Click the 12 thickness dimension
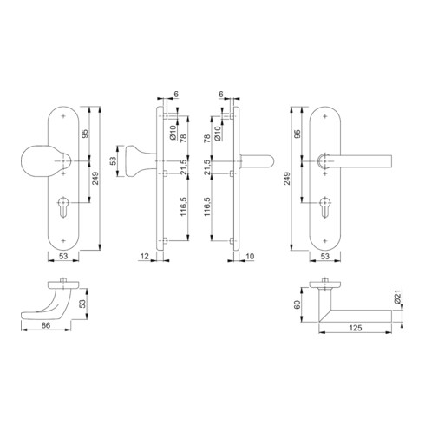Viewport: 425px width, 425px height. [x=144, y=257]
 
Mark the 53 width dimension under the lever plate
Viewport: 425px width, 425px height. [x=324, y=257]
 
